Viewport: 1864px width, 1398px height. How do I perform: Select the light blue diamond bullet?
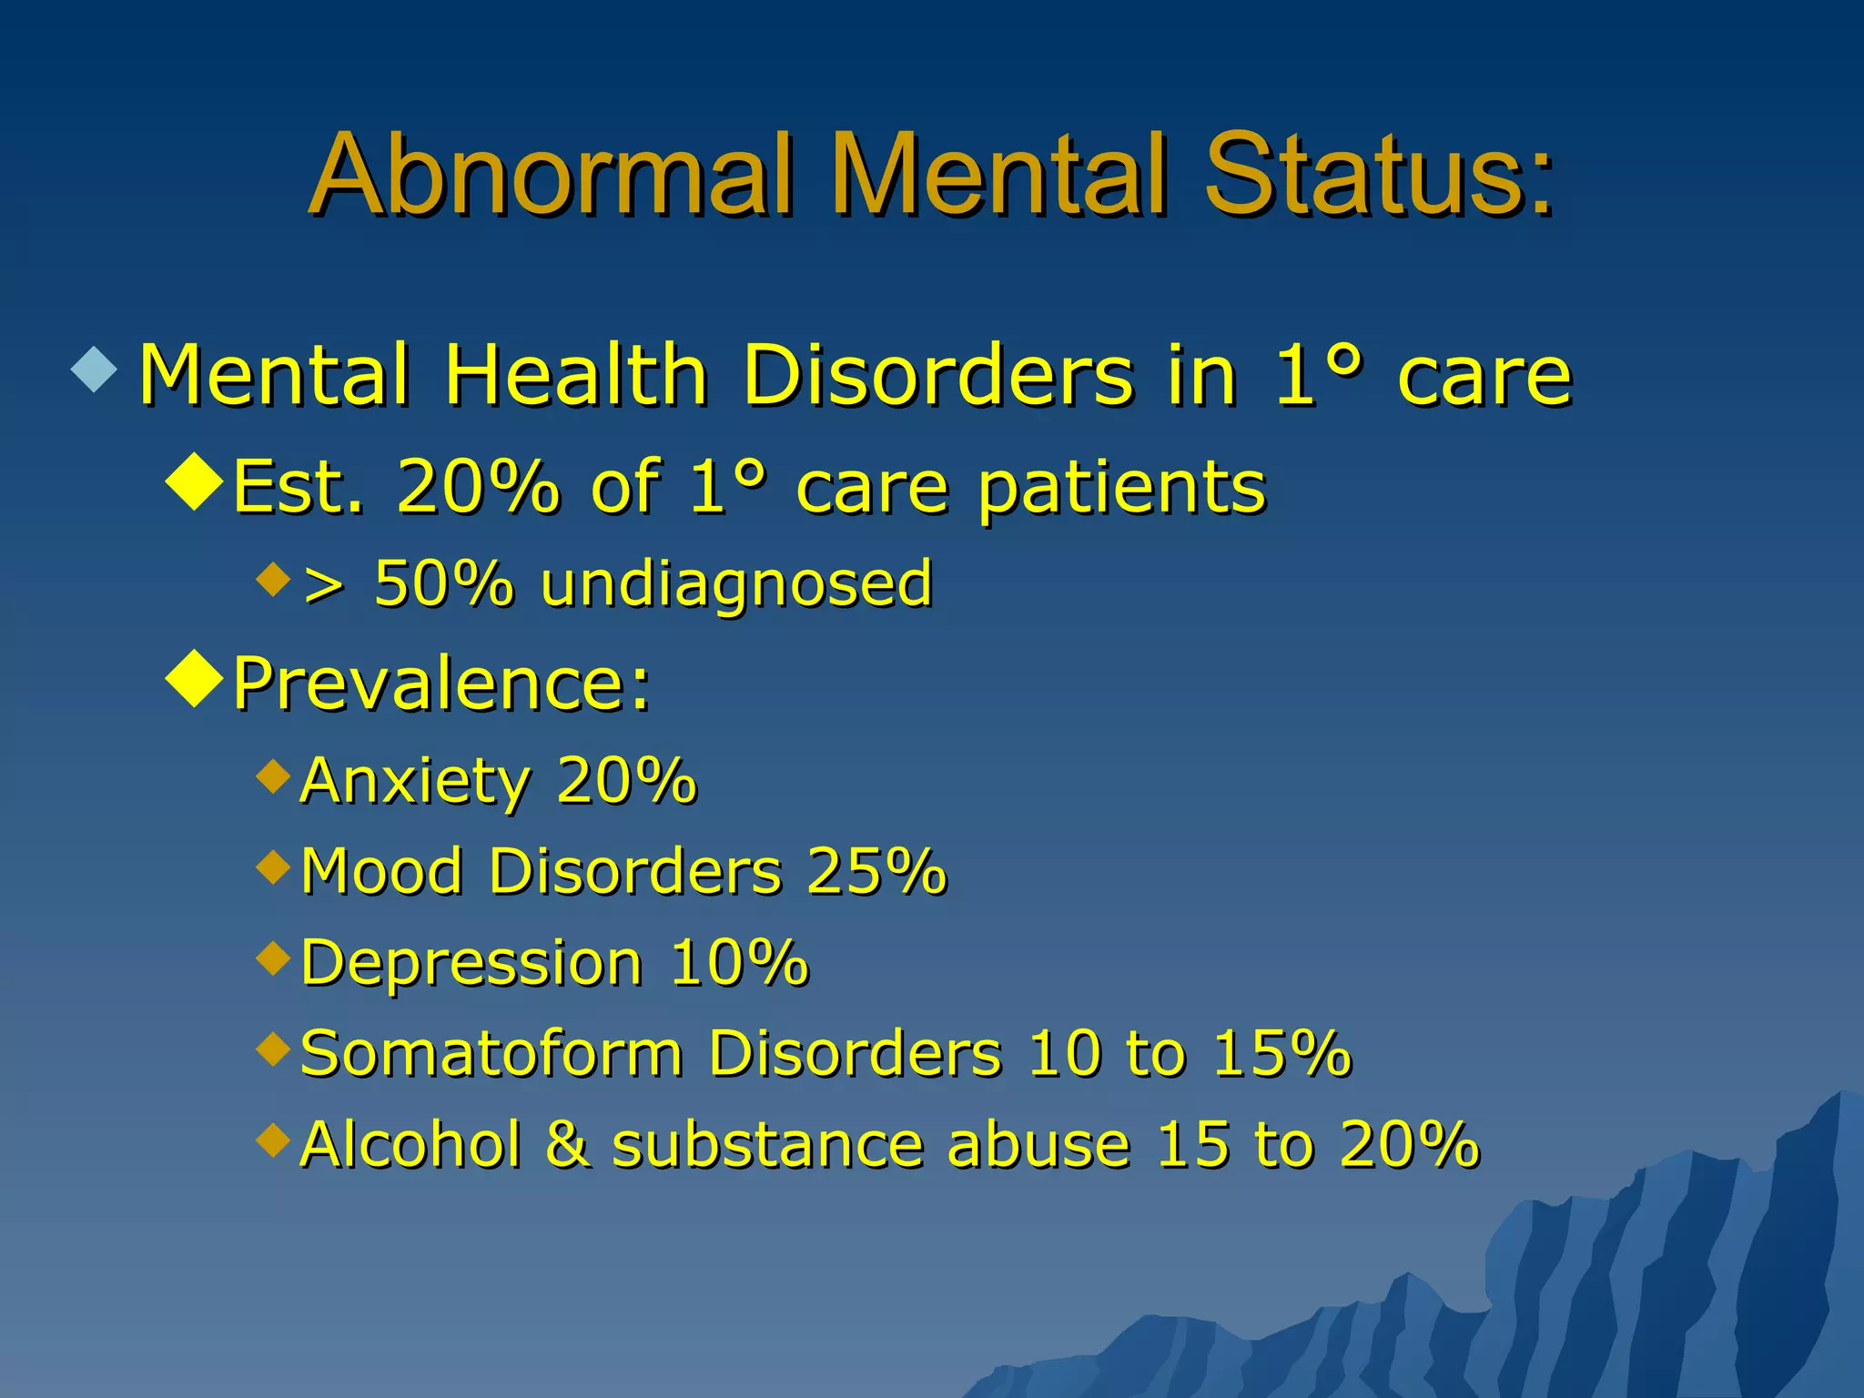(95, 368)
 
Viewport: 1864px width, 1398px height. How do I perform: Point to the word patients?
(1121, 488)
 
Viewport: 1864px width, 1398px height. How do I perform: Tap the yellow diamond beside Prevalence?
(196, 678)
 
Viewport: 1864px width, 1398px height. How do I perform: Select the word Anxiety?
(415, 781)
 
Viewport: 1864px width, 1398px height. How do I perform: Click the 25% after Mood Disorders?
(876, 871)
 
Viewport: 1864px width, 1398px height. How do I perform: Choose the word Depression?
(471, 962)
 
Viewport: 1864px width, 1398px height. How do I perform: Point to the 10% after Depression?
(738, 962)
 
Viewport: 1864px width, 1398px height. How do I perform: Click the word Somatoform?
(491, 1053)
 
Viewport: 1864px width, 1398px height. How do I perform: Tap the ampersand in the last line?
(568, 1144)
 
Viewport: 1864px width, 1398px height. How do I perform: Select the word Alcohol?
(410, 1144)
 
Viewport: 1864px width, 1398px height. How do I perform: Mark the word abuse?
(1038, 1144)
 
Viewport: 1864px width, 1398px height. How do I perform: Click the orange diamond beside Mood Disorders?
(273, 866)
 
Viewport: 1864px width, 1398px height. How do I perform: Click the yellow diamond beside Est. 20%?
(196, 482)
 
